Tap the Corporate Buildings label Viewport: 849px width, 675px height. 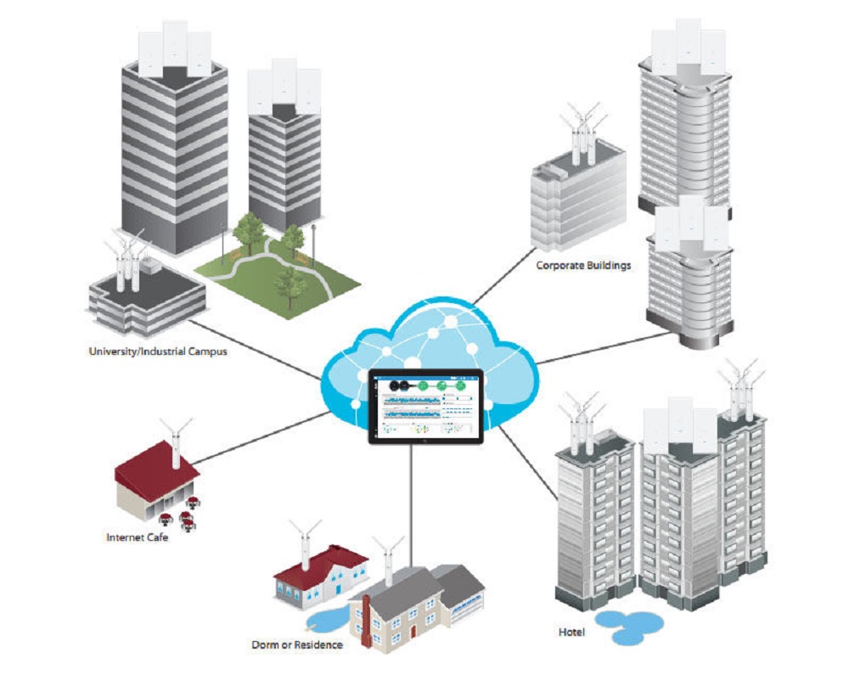pyautogui.click(x=583, y=266)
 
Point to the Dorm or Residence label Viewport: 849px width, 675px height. pyautogui.click(x=297, y=644)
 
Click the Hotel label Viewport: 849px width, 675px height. pyautogui.click(x=571, y=633)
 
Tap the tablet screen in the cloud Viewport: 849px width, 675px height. pyautogui.click(x=424, y=406)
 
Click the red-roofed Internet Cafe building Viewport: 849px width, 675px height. pyautogui.click(x=157, y=480)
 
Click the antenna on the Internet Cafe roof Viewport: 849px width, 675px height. pyautogui.click(x=176, y=442)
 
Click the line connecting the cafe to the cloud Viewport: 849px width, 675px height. pyautogui.click(x=263, y=437)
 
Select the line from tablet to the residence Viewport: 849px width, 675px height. pyautogui.click(x=411, y=501)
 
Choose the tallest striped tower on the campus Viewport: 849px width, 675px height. pyautogui.click(x=174, y=144)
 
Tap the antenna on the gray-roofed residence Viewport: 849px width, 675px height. pyautogui.click(x=389, y=560)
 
